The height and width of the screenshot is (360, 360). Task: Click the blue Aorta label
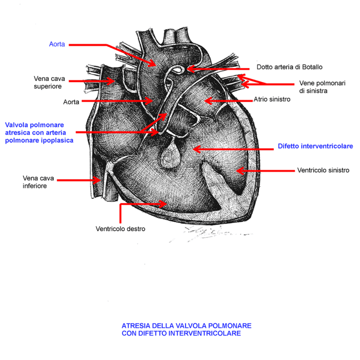[57, 44]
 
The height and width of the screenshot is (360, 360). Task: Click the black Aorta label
[71, 102]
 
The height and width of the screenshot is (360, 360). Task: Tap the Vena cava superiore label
[49, 82]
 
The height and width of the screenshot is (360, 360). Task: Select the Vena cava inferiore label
[38, 182]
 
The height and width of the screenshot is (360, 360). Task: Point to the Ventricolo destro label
[120, 229]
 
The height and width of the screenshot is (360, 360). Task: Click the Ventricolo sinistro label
[323, 170]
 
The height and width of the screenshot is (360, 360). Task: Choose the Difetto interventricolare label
[315, 146]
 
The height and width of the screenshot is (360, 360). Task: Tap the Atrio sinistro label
[272, 99]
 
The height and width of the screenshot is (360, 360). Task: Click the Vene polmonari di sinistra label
[322, 87]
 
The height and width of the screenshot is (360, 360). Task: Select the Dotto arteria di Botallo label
[290, 67]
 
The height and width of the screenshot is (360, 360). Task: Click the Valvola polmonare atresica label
[39, 133]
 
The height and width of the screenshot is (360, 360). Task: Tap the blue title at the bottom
[187, 330]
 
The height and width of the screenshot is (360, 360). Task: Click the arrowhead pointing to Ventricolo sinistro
[240, 171]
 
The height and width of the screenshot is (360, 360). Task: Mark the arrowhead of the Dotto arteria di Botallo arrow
[191, 68]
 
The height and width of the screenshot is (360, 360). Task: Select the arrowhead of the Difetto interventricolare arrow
[197, 149]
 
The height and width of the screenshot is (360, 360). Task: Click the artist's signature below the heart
[211, 234]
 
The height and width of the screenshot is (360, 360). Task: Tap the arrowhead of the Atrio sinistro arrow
[208, 101]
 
